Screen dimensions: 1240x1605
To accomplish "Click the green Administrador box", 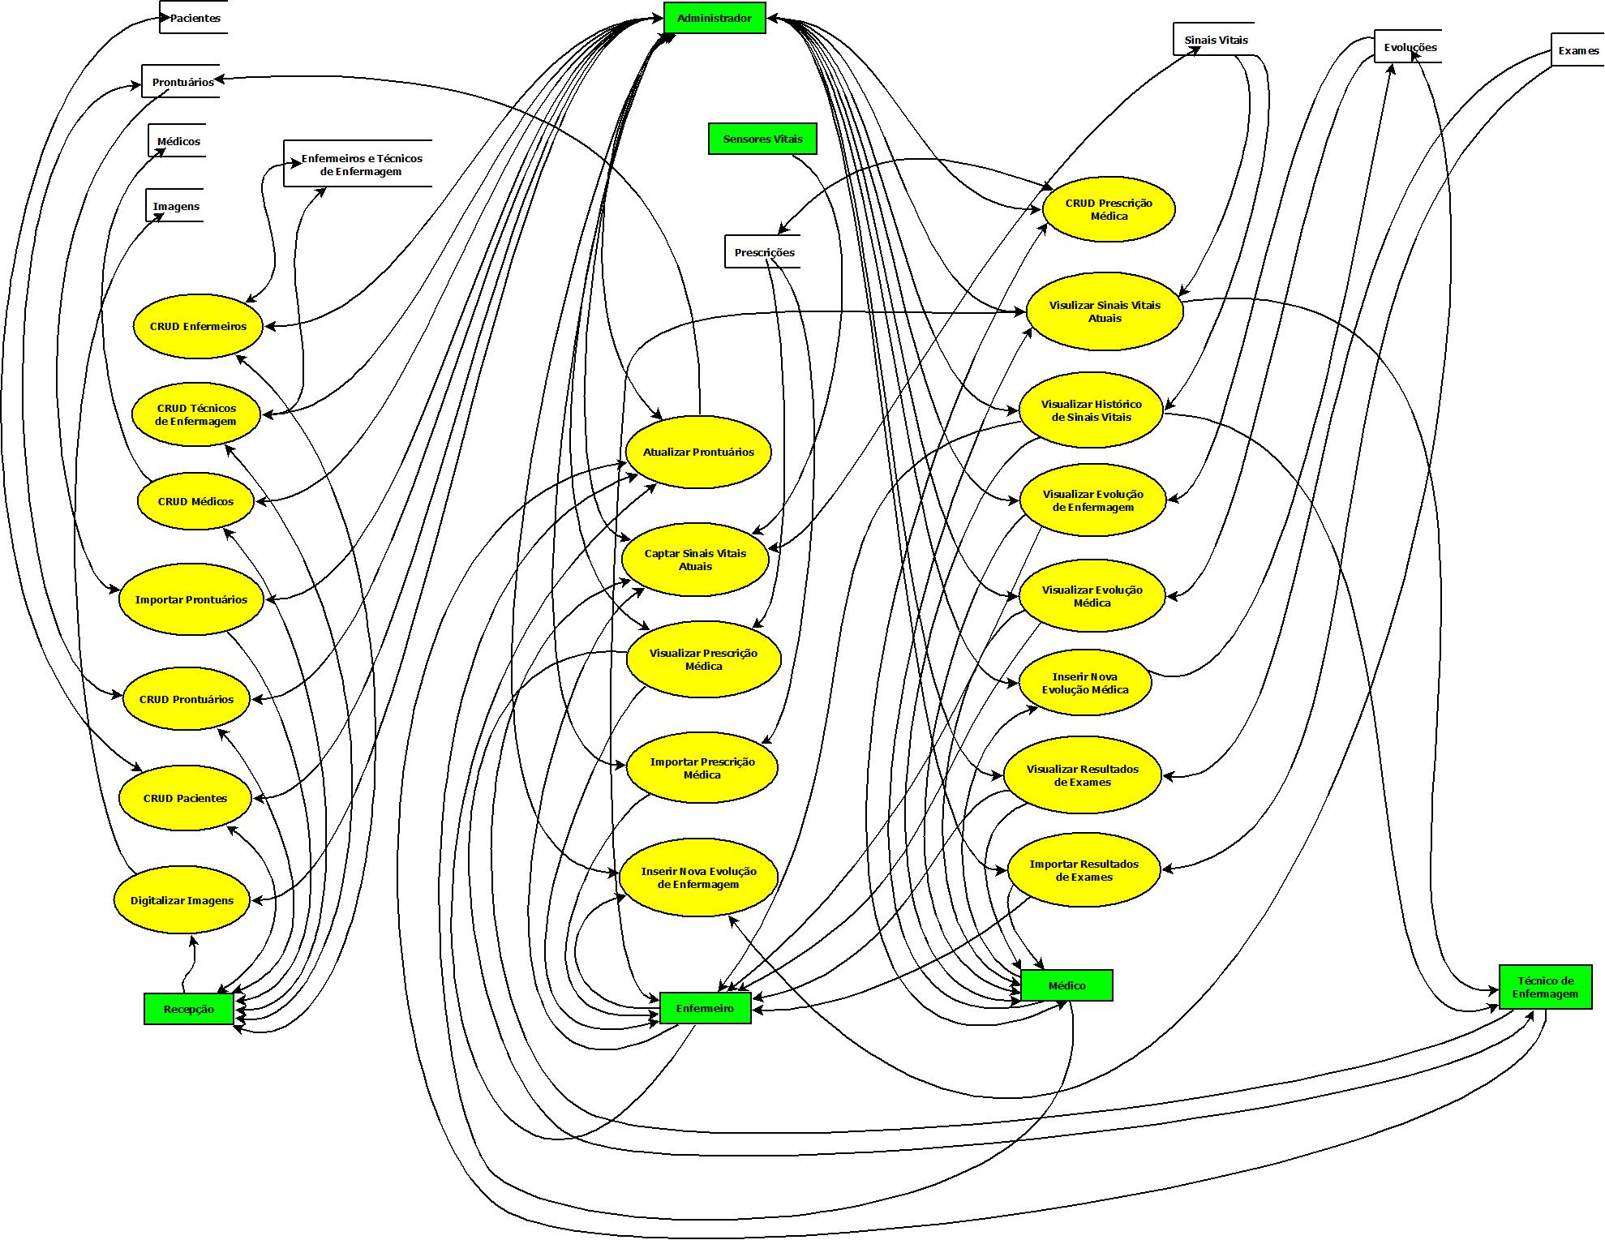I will point(714,18).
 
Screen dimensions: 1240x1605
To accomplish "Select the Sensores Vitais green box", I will point(762,139).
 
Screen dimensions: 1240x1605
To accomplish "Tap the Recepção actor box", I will point(189,1009).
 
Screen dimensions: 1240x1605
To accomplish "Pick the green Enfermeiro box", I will point(706,1008).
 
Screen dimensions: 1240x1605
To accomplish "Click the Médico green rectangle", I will point(1066,985).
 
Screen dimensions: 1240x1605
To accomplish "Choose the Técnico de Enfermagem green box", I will point(1545,987).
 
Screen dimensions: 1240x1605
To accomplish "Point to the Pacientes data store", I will point(195,18).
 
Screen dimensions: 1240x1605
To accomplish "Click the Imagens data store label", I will point(176,206).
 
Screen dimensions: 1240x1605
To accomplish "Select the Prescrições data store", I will point(764,252).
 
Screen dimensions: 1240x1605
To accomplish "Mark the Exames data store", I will point(1577,50).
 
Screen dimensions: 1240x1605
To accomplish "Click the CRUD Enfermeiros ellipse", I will point(198,326).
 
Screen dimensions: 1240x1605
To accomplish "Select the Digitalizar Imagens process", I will point(182,900).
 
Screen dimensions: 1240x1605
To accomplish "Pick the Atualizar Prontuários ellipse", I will point(698,452).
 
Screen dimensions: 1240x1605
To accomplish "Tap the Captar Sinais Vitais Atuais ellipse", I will point(695,560).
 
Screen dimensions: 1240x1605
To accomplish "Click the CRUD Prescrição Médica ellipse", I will point(1108,209).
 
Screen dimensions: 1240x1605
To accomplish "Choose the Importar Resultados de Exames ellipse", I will point(1084,870).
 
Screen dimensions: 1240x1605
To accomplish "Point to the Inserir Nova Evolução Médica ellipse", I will point(1084,683).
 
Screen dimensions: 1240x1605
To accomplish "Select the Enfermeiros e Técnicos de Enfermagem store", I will point(361,165).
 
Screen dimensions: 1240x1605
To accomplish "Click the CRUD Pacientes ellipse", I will point(185,798).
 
